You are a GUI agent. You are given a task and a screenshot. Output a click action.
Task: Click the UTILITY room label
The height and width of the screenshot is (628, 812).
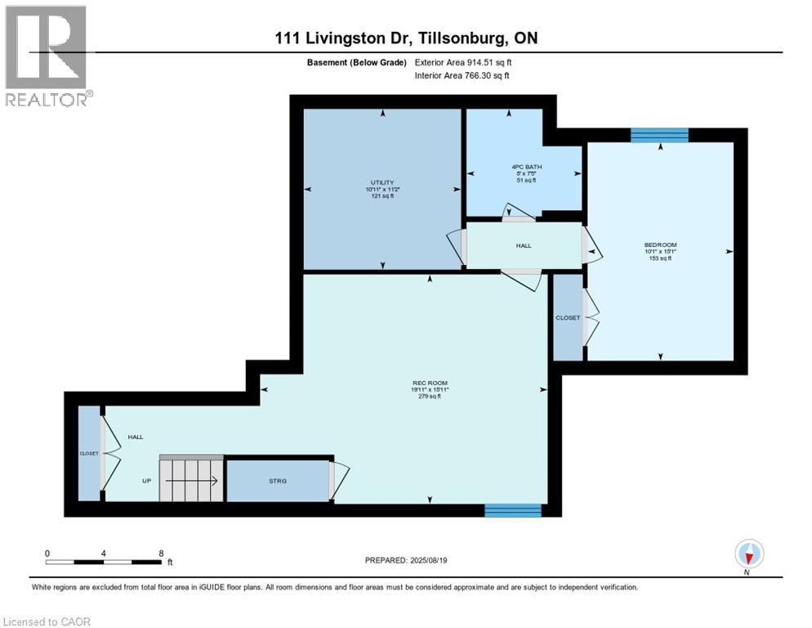tap(382, 182)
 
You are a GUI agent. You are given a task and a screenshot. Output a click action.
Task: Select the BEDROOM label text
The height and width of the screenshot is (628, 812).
tap(660, 244)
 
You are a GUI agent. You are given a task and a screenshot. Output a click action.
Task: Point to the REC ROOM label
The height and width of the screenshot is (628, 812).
tap(430, 383)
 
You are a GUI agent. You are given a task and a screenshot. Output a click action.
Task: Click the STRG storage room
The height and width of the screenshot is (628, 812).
tap(278, 481)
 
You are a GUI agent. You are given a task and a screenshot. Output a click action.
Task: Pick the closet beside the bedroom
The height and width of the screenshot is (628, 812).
tap(568, 317)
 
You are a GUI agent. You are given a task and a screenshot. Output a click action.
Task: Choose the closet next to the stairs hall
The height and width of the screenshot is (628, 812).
tap(89, 453)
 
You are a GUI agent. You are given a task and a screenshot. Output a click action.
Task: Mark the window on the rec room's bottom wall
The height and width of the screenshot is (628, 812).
tap(513, 510)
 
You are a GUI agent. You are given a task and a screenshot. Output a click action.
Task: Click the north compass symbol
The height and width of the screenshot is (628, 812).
tap(748, 555)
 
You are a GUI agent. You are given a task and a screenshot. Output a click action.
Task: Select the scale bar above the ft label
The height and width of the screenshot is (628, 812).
tap(104, 562)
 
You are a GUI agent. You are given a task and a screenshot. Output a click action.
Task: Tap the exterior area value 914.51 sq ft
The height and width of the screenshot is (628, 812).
tap(489, 62)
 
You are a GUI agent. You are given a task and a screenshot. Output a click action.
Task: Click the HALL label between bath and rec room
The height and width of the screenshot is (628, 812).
tap(523, 245)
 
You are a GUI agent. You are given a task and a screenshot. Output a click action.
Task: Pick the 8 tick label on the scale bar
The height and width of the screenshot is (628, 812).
tap(161, 553)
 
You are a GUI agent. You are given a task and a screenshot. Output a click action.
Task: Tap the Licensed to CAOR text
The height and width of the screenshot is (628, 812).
tap(46, 621)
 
